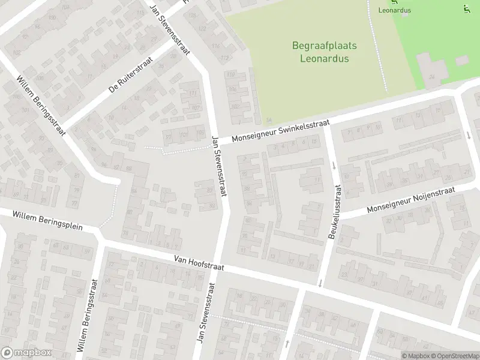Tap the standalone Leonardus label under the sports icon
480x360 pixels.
point(395,10)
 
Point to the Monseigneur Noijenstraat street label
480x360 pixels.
point(411,200)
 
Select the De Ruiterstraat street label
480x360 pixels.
point(131,75)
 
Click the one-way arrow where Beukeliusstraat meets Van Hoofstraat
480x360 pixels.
point(320,283)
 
